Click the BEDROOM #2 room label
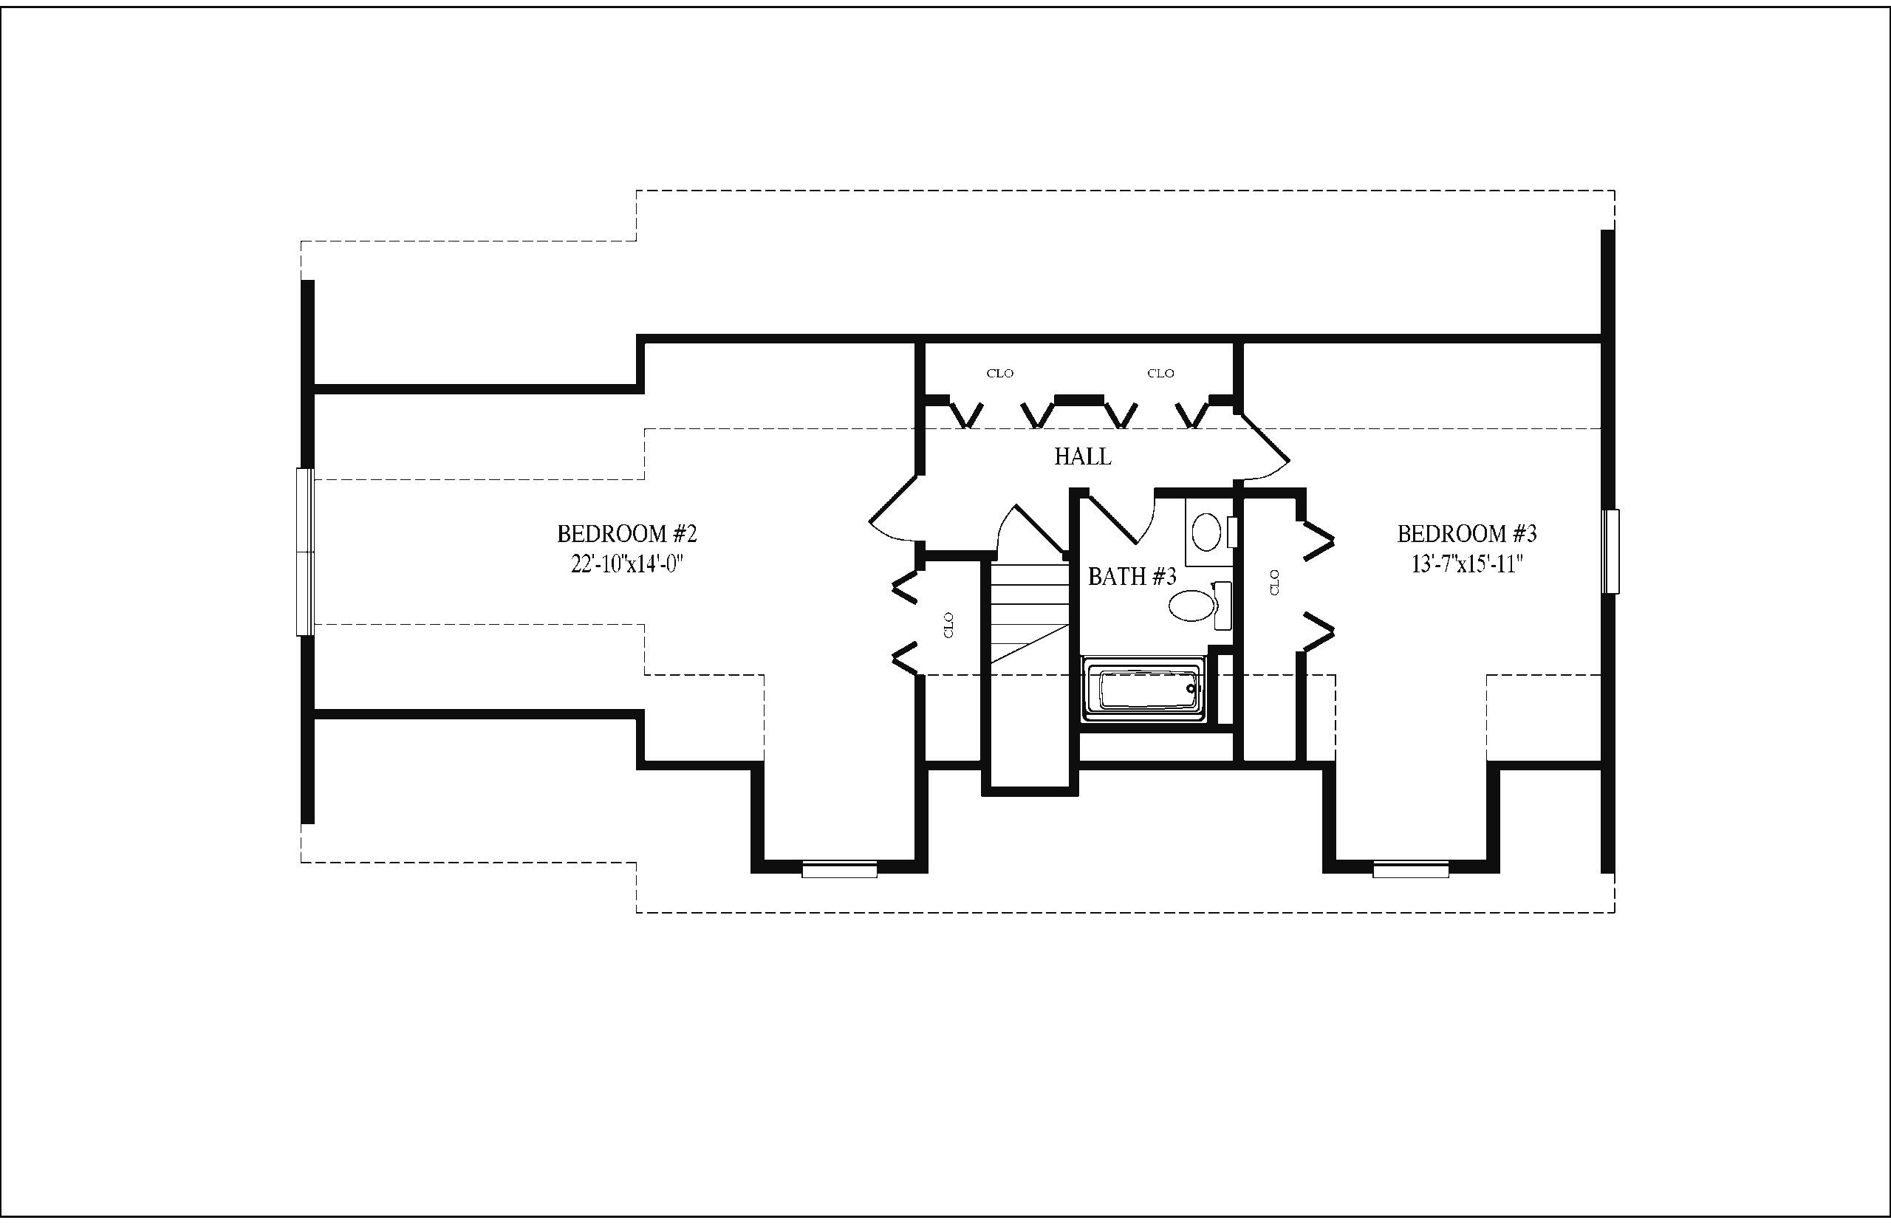(x=626, y=534)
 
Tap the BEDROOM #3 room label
(x=1467, y=534)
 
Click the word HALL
(x=1082, y=456)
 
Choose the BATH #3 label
(x=1132, y=577)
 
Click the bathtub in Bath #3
(x=1143, y=689)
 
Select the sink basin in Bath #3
(x=1207, y=531)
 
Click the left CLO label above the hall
(x=1000, y=373)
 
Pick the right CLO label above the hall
(x=1160, y=373)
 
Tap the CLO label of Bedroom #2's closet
(x=948, y=625)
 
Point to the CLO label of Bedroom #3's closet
(x=1275, y=582)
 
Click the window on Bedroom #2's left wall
(x=305, y=552)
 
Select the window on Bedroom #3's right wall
(x=1610, y=551)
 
